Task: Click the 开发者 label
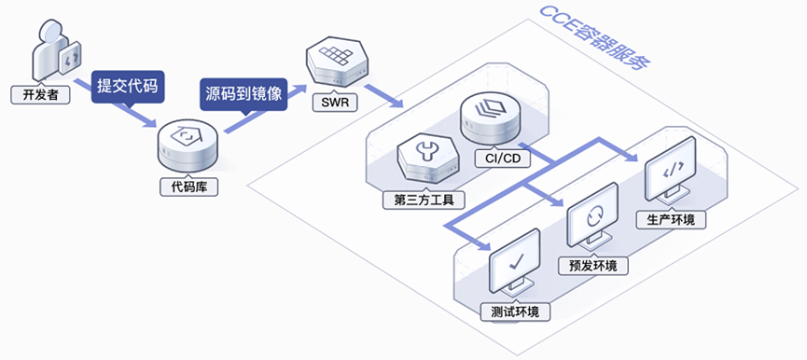(x=40, y=95)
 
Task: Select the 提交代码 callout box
(x=128, y=86)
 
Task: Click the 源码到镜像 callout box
(x=243, y=93)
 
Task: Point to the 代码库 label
(x=188, y=187)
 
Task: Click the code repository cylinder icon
(x=188, y=147)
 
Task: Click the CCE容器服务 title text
(x=595, y=38)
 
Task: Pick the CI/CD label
(x=502, y=159)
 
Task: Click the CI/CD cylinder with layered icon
(x=491, y=118)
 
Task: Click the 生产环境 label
(x=672, y=219)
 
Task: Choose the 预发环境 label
(x=593, y=266)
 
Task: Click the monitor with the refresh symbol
(x=591, y=222)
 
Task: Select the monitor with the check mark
(x=515, y=269)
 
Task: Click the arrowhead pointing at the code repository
(x=150, y=122)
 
